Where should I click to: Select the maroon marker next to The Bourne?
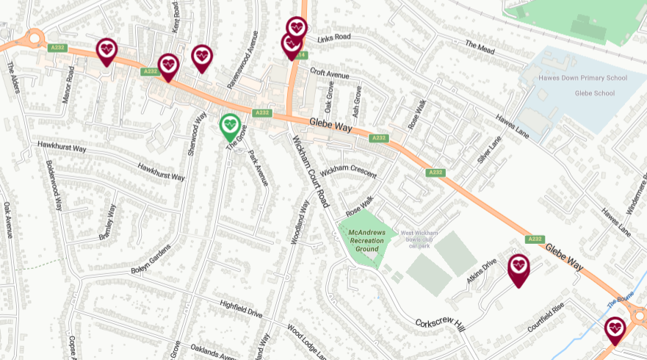pyautogui.click(x=615, y=328)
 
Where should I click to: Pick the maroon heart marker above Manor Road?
pyautogui.click(x=106, y=50)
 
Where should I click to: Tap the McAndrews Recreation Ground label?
pyautogui.click(x=366, y=240)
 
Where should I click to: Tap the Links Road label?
pyautogui.click(x=334, y=37)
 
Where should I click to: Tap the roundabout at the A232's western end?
pyautogui.click(x=34, y=38)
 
